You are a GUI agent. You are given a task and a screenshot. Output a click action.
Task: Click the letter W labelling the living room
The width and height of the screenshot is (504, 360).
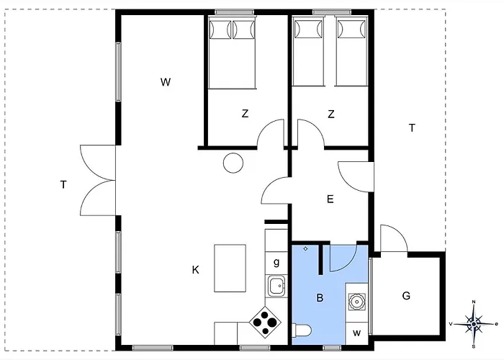166,82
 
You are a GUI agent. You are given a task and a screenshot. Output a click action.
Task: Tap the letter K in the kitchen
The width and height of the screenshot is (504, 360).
195,270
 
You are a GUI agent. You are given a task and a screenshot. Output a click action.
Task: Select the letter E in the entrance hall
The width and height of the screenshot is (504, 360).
330,199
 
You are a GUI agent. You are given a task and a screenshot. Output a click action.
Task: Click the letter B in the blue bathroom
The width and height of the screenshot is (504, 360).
320,298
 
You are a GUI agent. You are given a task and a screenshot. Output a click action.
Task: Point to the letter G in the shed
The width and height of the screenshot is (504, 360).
406,295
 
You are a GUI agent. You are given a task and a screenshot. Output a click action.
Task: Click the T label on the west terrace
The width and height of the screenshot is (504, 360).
63,184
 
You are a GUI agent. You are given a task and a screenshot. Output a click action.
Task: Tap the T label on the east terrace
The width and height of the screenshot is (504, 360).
412,128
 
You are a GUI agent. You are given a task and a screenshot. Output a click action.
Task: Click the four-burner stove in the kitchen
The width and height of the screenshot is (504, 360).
265,322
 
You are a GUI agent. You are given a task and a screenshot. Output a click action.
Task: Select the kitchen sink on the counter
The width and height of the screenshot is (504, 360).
276,286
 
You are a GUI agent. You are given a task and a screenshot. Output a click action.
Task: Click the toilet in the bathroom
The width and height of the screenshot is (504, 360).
302,330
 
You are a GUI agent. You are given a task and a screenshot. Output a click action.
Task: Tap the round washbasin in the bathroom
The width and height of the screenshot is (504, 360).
357,302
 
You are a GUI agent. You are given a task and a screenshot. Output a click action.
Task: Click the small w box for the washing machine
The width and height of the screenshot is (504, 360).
356,333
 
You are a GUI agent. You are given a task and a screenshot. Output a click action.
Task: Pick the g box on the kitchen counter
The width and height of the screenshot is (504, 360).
276,264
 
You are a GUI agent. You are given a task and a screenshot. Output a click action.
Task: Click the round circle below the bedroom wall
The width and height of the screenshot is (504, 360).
233,163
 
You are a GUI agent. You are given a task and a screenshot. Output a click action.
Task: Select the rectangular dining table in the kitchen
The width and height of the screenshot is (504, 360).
230,268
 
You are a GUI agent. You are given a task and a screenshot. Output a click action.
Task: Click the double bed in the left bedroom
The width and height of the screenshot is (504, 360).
232,53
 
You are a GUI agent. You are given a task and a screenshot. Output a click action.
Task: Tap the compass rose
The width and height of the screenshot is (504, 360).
474,324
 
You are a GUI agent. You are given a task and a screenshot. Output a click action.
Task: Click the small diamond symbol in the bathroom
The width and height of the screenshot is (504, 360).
305,248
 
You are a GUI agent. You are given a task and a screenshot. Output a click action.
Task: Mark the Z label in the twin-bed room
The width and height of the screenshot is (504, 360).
330,114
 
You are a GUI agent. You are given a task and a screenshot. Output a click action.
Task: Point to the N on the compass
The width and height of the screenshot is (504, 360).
474,302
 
